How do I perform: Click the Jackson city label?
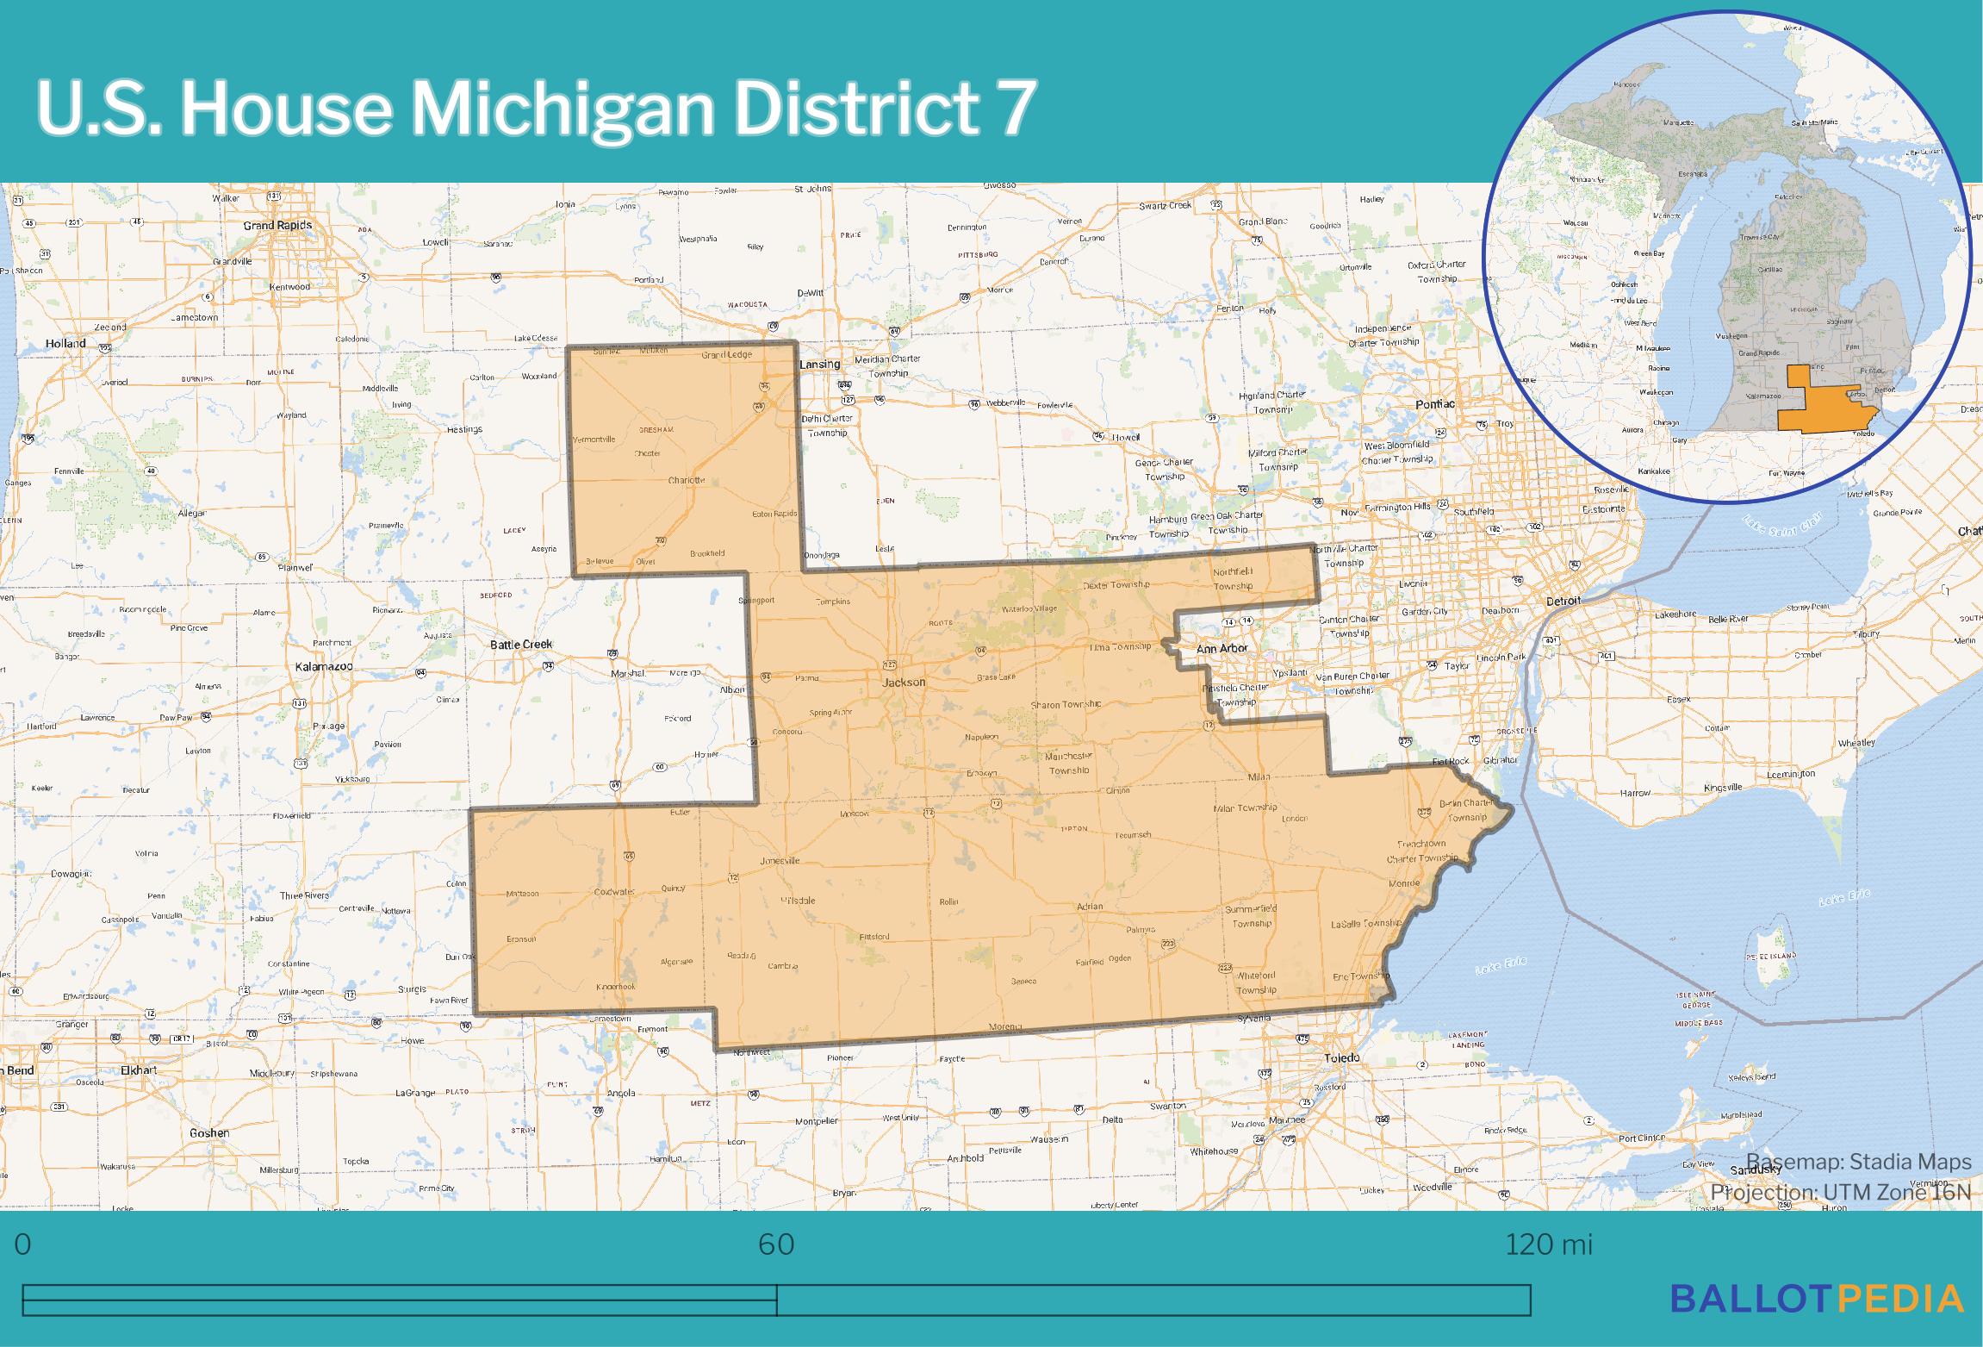(904, 682)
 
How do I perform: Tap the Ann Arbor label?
(1222, 648)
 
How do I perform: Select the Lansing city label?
(819, 364)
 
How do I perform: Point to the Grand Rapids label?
(277, 225)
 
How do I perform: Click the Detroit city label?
(1563, 601)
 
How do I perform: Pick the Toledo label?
(1341, 1057)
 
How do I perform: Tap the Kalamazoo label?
(324, 667)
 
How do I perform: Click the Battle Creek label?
(521, 644)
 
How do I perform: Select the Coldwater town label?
(614, 892)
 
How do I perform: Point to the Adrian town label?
(1090, 907)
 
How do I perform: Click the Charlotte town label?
(687, 480)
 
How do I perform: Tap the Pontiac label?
(1435, 403)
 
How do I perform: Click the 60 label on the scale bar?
(776, 1244)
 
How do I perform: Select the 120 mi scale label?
(1548, 1244)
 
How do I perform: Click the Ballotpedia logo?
(1817, 1298)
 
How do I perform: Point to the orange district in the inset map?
(1809, 414)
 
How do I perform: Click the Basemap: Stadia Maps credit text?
(1859, 1162)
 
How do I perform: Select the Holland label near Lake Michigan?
(65, 343)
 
